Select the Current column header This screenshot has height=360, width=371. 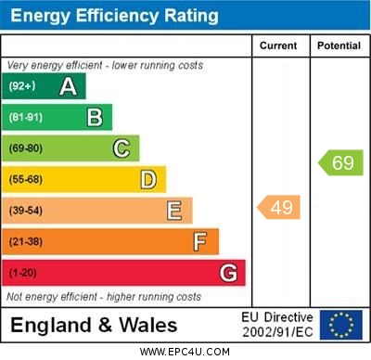coord(278,45)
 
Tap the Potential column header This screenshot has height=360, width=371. coord(339,45)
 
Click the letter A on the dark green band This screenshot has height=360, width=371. coord(68,86)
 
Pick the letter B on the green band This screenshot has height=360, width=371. coord(95,117)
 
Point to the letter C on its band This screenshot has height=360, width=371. coord(122,148)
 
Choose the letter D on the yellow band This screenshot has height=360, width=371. coord(148,179)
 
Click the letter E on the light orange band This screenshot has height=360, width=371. coord(174,211)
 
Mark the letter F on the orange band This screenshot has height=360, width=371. coord(200,242)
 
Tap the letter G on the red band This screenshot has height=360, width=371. coord(228,274)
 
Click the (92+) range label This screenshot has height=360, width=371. coord(22,86)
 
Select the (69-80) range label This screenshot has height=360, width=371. coord(26,148)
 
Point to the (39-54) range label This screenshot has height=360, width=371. coord(26,211)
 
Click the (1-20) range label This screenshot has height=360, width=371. coord(23,274)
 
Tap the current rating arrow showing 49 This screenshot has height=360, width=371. coord(279,207)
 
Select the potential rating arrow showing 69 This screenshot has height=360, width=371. coord(340,163)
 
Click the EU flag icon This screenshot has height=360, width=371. coord(341,325)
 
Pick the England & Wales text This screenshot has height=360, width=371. coord(93,325)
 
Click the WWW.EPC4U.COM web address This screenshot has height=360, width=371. coord(185,352)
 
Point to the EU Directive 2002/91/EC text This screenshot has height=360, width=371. coord(277,325)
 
